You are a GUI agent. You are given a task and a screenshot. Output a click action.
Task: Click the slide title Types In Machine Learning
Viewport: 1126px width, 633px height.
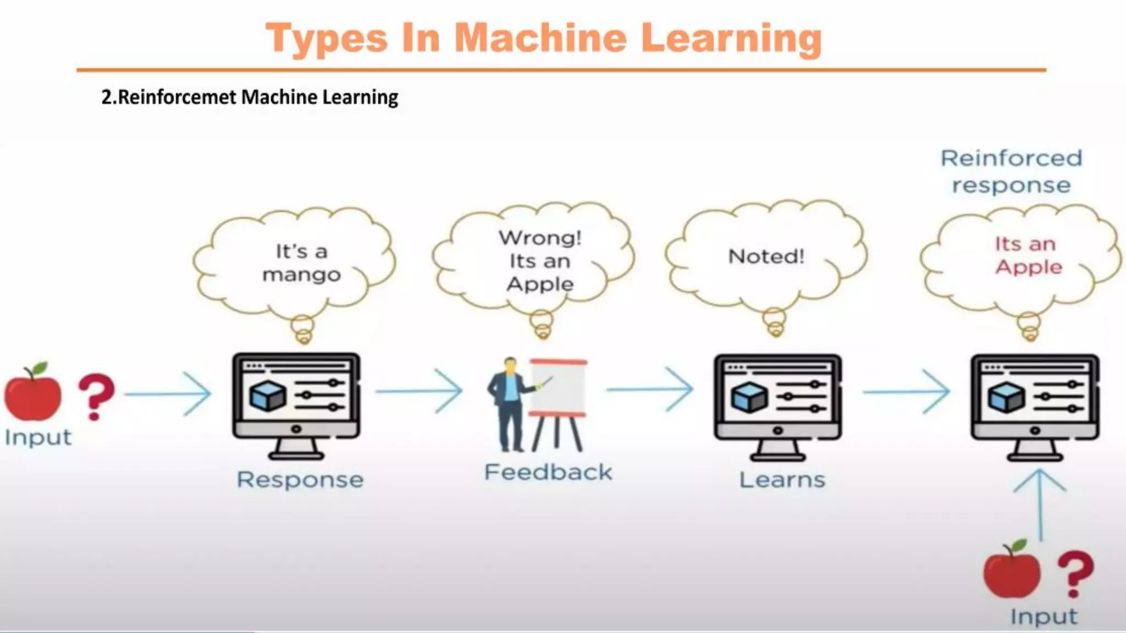543,38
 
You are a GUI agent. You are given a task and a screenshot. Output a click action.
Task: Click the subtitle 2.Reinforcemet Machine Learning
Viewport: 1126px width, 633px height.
250,97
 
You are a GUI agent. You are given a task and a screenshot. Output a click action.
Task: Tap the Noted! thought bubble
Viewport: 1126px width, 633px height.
766,256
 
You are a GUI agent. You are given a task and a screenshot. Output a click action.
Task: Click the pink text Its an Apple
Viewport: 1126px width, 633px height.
1027,255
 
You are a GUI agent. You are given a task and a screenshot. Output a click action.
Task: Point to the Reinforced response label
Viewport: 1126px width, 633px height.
1011,171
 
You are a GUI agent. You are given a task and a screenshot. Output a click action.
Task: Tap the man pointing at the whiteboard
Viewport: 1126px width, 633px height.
509,404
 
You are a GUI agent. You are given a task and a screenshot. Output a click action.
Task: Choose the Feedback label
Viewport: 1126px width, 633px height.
548,472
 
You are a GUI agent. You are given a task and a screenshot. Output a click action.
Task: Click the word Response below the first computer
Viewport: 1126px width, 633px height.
300,480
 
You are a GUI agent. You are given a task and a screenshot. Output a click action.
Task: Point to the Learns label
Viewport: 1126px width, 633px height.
782,480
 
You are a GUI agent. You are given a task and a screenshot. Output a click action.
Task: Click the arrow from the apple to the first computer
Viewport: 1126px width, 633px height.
168,393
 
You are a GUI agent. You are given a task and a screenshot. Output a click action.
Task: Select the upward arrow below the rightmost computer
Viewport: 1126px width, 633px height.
1040,503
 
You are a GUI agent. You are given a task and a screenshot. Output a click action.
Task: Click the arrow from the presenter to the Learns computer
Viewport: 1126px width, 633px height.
650,389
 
